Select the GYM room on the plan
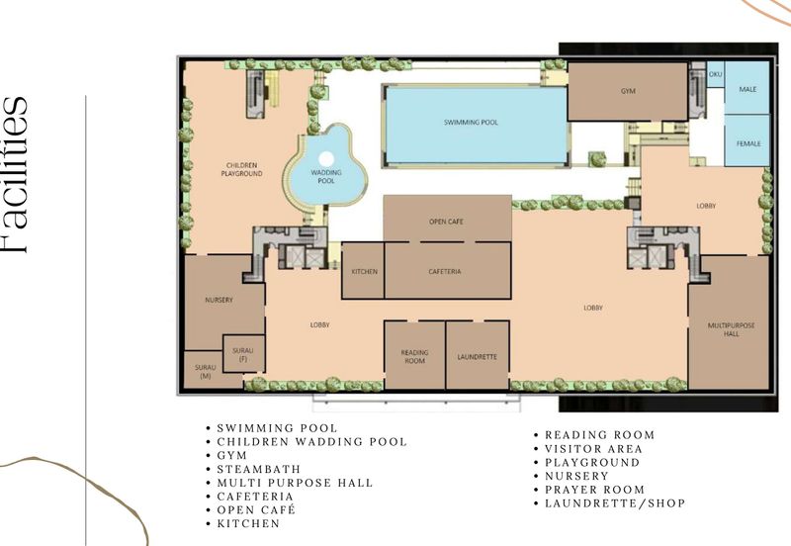pyautogui.click(x=627, y=91)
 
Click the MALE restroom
pyautogui.click(x=747, y=90)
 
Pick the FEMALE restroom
pyautogui.click(x=747, y=144)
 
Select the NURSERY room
pyautogui.click(x=219, y=300)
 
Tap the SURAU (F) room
pyautogui.click(x=242, y=354)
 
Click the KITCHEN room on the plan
pyautogui.click(x=362, y=271)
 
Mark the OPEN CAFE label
pyautogui.click(x=446, y=222)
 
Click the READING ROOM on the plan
pyautogui.click(x=413, y=356)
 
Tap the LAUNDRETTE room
pyautogui.click(x=478, y=356)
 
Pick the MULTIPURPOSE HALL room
pyautogui.click(x=728, y=329)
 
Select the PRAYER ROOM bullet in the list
pyautogui.click(x=594, y=490)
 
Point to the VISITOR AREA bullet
pyautogui.click(x=593, y=448)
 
